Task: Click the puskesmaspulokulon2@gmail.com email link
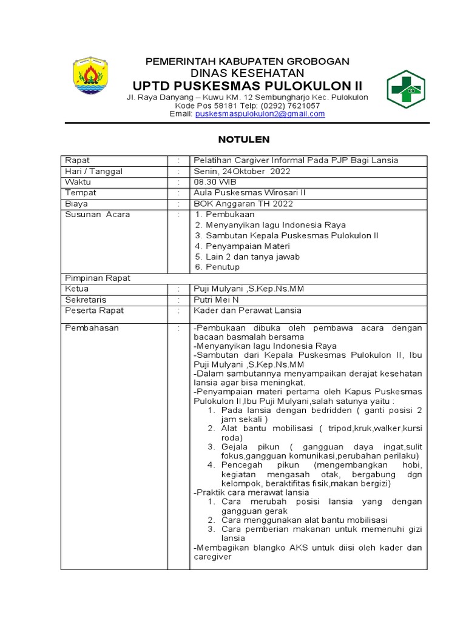point(260,113)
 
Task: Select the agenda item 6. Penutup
point(218,267)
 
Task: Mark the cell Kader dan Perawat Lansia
point(247,310)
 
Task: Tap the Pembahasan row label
point(92,328)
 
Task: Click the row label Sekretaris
point(86,300)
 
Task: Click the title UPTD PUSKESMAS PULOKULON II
point(246,84)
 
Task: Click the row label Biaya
point(76,204)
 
